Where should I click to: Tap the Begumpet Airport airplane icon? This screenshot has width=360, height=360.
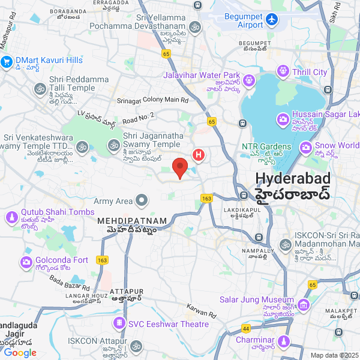coord(272,20)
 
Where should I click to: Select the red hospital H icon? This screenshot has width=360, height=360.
coord(199,155)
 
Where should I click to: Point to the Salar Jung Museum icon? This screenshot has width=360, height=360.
coord(304,305)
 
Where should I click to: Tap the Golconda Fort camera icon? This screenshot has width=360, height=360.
coord(26,262)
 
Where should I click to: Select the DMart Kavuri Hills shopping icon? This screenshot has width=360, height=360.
coord(7,61)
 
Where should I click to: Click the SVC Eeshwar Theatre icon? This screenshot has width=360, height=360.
coord(120,324)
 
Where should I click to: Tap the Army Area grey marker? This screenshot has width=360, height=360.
coord(142,200)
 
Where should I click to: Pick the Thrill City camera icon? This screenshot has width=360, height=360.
coord(283,72)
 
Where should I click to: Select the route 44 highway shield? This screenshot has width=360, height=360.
coord(246,329)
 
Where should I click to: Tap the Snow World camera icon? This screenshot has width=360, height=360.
coord(305,146)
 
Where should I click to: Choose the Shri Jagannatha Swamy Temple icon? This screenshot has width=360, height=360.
coord(113,145)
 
